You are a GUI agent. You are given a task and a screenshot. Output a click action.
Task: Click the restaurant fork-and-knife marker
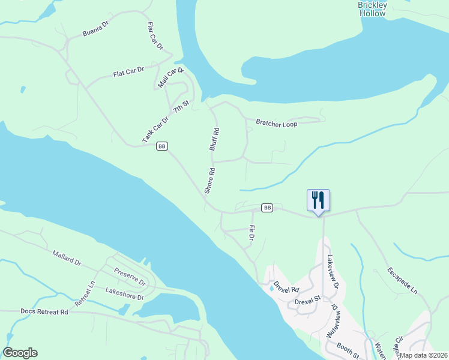point(318,200)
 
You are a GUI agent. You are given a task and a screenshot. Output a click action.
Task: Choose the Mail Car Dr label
point(170,79)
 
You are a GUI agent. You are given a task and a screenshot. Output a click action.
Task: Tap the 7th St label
point(181,107)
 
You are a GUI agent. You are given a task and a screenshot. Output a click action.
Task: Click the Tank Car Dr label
point(155,129)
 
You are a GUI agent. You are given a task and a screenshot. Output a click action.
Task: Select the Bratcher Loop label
point(277,124)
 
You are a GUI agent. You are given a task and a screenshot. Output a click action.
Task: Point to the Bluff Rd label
point(214,139)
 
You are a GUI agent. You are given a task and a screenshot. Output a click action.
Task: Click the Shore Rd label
point(209,180)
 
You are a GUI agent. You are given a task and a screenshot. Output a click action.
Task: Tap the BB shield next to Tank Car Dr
point(161,146)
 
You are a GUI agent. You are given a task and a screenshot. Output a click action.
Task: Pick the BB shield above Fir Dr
point(268,208)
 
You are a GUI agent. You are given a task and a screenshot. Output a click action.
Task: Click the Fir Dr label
point(252,233)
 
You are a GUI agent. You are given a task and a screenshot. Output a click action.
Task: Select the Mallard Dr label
point(67,259)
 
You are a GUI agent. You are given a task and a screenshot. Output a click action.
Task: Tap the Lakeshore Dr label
point(124,293)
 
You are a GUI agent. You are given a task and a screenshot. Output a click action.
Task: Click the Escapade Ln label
point(402,280)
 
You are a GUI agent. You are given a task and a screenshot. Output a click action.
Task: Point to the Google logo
point(20,353)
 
